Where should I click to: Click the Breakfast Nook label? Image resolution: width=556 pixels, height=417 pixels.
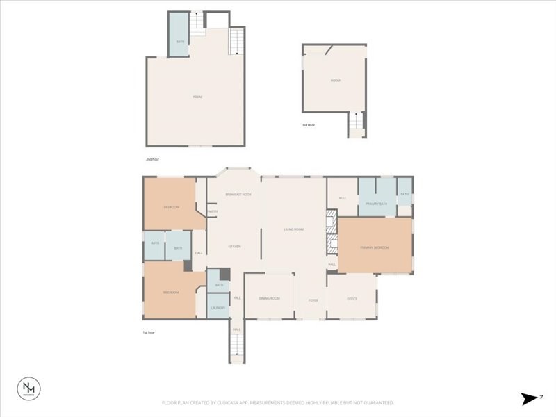click(x=238, y=194)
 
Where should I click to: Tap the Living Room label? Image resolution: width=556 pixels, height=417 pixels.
click(x=294, y=229)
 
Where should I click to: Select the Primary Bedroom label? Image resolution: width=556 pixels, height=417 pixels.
click(x=375, y=247)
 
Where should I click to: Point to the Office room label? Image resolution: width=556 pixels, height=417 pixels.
click(x=352, y=299)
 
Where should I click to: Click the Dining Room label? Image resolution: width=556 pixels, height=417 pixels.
click(x=269, y=298)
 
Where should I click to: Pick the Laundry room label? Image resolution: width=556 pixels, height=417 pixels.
click(x=218, y=307)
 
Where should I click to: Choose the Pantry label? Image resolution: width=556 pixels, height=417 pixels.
click(x=213, y=211)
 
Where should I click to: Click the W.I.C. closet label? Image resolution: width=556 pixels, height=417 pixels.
click(x=343, y=198)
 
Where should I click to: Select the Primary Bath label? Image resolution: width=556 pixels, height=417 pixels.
click(x=376, y=203)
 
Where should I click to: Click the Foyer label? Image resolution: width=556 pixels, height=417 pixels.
click(x=313, y=300)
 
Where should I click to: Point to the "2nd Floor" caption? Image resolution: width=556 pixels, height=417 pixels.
click(x=152, y=160)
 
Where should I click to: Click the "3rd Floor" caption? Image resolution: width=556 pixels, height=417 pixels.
click(x=308, y=125)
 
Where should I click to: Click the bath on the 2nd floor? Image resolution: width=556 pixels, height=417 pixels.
click(x=179, y=42)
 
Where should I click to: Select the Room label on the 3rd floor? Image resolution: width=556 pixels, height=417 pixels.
click(x=335, y=81)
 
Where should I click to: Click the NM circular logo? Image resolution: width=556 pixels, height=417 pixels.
click(x=29, y=388)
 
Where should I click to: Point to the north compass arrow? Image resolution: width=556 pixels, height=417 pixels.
click(x=530, y=398)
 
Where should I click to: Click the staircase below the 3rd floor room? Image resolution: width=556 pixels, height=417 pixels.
click(x=357, y=124)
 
